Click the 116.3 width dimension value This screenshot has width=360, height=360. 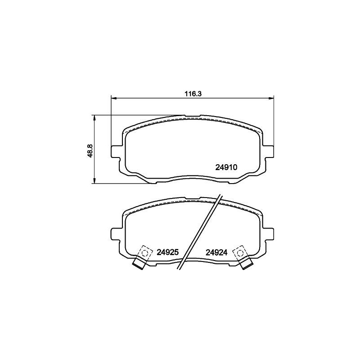coord(193,94)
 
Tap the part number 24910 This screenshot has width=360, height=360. coord(226,167)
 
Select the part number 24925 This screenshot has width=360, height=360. coord(167,252)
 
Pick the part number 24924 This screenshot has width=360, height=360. coord(216,252)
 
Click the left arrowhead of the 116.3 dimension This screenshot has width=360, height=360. coord(114,99)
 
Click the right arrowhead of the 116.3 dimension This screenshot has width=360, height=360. coord(271,99)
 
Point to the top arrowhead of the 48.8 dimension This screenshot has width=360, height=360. coord(94,118)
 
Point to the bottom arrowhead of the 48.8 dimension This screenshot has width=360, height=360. coord(94,180)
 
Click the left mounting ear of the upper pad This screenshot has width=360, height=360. coord(116,151)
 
